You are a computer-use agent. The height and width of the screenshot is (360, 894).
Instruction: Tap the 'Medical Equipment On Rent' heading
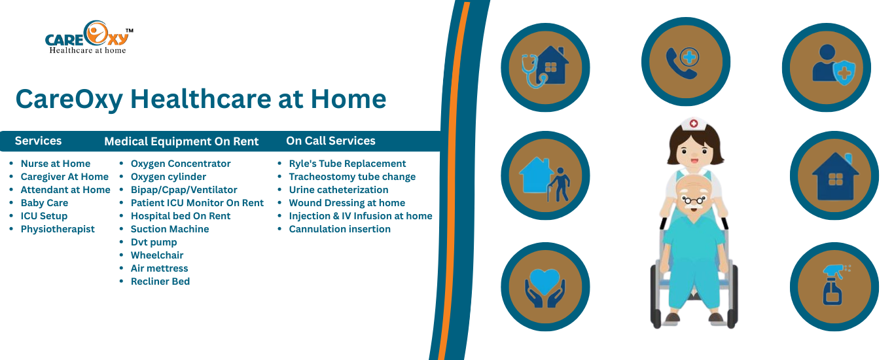pos(181,141)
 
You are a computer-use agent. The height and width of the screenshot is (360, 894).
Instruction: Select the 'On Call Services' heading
pos(331,141)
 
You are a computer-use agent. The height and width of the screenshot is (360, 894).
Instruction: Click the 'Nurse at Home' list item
pos(56,164)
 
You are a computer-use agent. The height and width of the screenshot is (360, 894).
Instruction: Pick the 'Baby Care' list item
pos(45,203)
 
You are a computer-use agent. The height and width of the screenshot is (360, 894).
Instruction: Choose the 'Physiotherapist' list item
pos(58,229)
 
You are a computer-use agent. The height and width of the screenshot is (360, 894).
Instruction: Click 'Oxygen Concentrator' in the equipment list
pos(181,164)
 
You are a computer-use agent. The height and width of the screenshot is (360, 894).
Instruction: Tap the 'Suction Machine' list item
pos(170,229)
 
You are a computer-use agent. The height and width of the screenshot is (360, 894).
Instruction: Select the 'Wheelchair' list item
pos(157,255)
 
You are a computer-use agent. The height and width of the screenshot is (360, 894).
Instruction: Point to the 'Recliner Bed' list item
pos(160,281)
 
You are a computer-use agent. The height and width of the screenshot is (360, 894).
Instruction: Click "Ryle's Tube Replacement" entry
pos(348,164)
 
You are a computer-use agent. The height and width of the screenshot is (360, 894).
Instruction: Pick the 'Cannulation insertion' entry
pos(340,229)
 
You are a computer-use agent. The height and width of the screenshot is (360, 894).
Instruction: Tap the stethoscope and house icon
pos(545,67)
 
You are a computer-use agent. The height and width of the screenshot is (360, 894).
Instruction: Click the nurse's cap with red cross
pos(694,124)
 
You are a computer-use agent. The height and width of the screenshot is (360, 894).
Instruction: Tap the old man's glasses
pos(694,200)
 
